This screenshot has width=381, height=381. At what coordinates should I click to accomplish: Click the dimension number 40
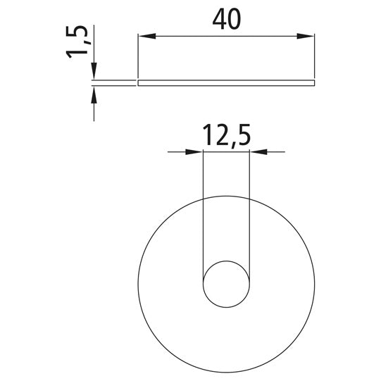point(227,19)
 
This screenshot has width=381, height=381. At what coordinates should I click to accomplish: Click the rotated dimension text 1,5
point(77,42)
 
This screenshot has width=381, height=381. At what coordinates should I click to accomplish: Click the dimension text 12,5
point(226,136)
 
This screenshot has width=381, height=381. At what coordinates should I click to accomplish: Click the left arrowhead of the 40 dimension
point(146,36)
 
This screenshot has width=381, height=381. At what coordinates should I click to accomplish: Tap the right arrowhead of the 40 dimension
point(306,36)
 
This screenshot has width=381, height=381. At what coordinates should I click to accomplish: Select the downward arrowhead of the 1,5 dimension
point(94,71)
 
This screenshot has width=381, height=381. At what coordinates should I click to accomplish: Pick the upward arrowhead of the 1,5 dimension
point(94,94)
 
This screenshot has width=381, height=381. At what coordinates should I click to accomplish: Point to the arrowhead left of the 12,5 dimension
point(194,152)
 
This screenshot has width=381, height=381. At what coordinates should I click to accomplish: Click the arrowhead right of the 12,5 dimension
point(258,152)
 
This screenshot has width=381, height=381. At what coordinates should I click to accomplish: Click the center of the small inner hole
point(226,284)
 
